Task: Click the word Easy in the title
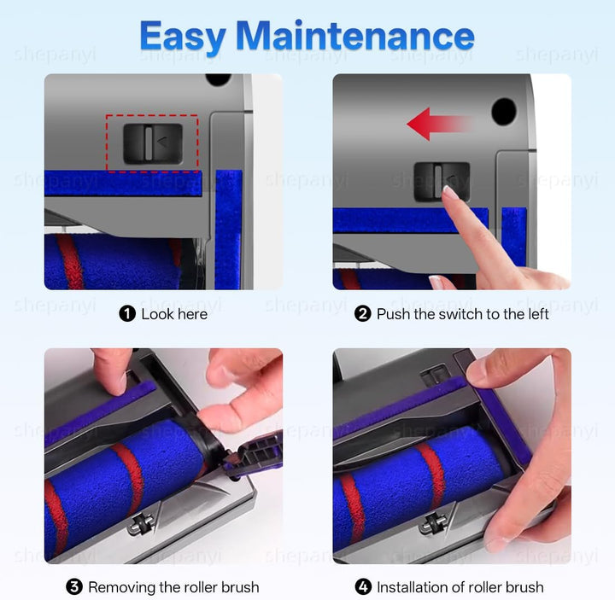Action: coord(183,38)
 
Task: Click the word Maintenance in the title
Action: coord(355,35)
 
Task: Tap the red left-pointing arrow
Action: coord(440,125)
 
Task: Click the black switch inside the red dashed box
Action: coord(153,144)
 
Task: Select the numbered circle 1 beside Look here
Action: coord(127,314)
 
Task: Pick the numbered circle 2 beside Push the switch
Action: coord(362,314)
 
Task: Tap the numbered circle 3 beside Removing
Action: coord(74,587)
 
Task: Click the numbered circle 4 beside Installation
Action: coord(363,587)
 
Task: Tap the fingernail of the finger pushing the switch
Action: coord(451,193)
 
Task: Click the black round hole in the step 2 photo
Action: coord(504,112)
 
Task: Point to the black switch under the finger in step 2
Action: coord(442,182)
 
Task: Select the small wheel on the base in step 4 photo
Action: coord(430,524)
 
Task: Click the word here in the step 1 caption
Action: coord(191,314)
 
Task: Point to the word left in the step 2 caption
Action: coord(537,314)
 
